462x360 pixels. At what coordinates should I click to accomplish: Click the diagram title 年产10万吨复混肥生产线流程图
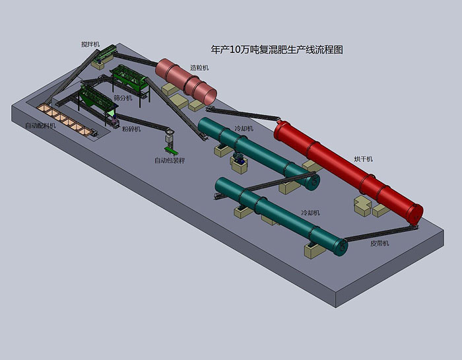pos(277,50)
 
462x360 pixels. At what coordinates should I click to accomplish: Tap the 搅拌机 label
pos(90,44)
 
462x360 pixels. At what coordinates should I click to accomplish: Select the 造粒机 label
pos(199,67)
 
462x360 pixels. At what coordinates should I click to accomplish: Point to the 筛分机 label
pos(123,98)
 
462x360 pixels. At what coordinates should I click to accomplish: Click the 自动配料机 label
pos(40,126)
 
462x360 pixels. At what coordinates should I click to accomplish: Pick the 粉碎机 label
pos(131,129)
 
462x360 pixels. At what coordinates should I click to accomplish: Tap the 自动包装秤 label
pos(170,161)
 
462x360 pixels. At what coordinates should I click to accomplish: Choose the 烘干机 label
pos(363,159)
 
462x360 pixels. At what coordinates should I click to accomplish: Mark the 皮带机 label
pos(379,243)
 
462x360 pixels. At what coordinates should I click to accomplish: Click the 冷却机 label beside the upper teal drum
pos(244,129)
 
